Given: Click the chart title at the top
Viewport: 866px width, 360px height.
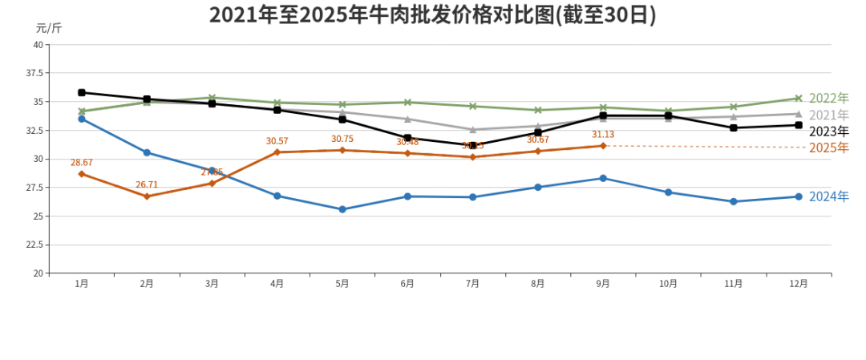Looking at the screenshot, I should point(432,15).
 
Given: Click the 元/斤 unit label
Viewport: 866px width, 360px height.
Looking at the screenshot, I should point(49,28).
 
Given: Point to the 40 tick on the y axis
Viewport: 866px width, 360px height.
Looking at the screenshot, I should point(38,45).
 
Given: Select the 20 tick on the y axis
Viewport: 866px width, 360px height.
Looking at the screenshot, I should point(38,273).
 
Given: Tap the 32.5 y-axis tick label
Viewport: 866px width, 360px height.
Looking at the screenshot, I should point(35,131).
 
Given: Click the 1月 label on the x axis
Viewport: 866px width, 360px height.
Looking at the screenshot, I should point(81,284).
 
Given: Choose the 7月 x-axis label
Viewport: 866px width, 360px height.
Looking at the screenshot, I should point(472,284).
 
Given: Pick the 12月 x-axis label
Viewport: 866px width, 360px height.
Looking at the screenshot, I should point(799,284).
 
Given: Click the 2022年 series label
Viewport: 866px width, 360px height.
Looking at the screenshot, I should point(828,99).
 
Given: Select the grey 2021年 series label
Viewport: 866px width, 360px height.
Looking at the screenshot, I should point(828,115).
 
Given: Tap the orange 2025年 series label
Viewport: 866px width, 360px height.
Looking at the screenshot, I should point(828,148).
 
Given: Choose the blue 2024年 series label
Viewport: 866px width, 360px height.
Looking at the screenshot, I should point(828,196).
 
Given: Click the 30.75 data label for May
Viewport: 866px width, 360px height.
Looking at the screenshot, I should point(342,140).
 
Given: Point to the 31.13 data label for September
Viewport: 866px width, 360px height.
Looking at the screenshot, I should point(603,135).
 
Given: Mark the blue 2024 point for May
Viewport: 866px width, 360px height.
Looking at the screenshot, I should point(342,209).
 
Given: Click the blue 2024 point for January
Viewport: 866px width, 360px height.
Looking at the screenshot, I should point(81,119).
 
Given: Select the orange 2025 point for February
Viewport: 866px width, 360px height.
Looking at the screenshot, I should point(147,196).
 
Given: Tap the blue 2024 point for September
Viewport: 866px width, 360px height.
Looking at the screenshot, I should point(603,178).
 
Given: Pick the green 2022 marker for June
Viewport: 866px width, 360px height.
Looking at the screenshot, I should point(407,103).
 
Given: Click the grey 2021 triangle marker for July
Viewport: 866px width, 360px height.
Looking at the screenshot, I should point(472,129).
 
